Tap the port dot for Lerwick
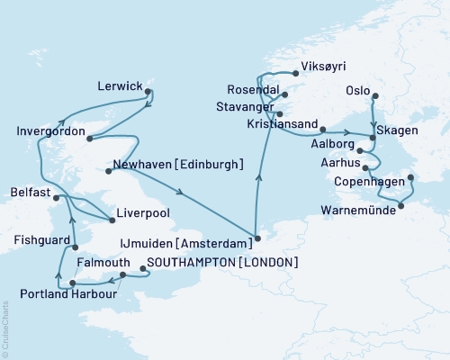coord(148,89)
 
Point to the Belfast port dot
coord(56,197)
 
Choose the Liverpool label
coord(141,217)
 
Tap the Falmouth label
coord(99,262)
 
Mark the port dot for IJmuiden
coord(257,239)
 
